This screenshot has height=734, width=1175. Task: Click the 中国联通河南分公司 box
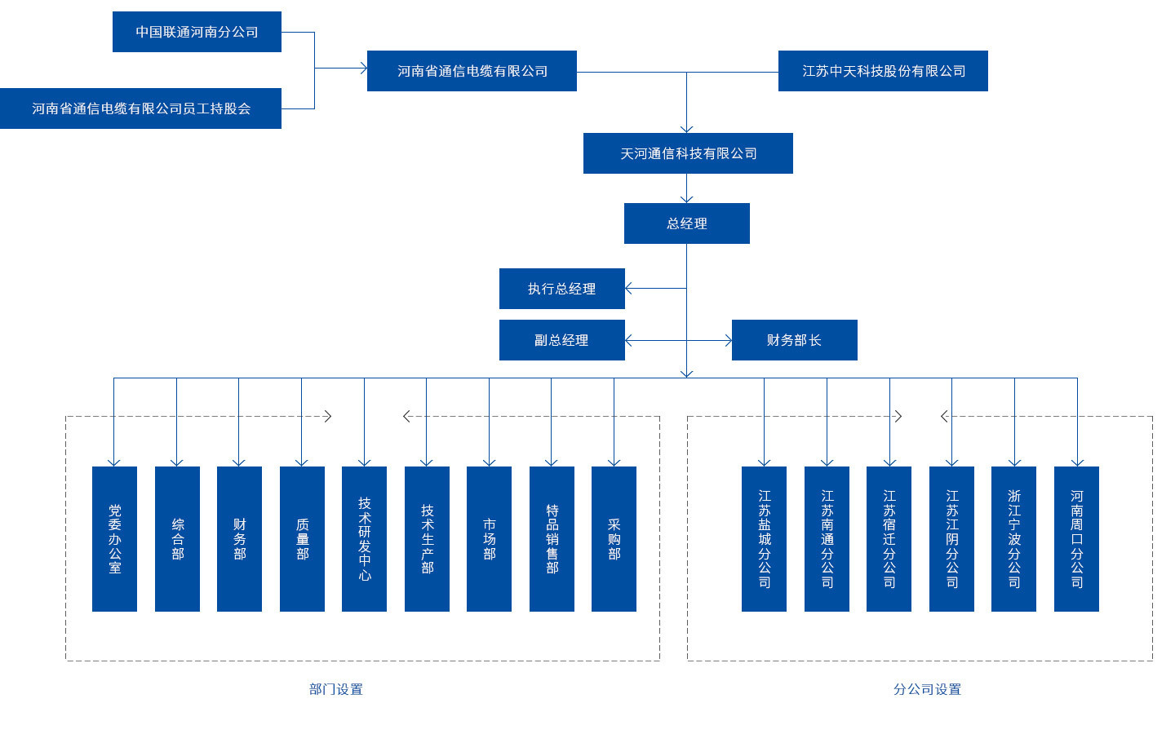(197, 32)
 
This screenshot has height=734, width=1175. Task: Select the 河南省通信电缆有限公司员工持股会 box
(140, 108)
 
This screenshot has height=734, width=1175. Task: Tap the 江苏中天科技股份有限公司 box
(883, 71)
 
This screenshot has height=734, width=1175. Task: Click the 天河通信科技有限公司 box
(688, 153)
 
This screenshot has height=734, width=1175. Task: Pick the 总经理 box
(686, 223)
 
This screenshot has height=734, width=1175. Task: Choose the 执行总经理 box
(561, 289)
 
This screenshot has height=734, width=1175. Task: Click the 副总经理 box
(561, 340)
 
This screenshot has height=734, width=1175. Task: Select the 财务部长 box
(794, 340)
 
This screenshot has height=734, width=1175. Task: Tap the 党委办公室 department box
(114, 539)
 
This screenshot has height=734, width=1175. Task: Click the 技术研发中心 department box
(364, 539)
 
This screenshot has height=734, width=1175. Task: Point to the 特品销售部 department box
(552, 539)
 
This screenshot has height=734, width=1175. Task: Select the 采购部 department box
(614, 539)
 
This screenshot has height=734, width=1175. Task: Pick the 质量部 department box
(302, 539)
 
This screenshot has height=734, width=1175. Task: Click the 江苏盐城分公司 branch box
(764, 539)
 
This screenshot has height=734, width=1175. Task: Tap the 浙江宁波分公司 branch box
(1013, 539)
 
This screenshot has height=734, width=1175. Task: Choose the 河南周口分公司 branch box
(1076, 539)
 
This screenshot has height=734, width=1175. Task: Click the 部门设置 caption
(335, 689)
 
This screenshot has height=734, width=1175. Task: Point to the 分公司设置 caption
(927, 689)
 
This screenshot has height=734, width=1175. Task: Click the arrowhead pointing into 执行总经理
(628, 289)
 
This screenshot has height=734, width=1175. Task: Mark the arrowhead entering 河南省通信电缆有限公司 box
(364, 69)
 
